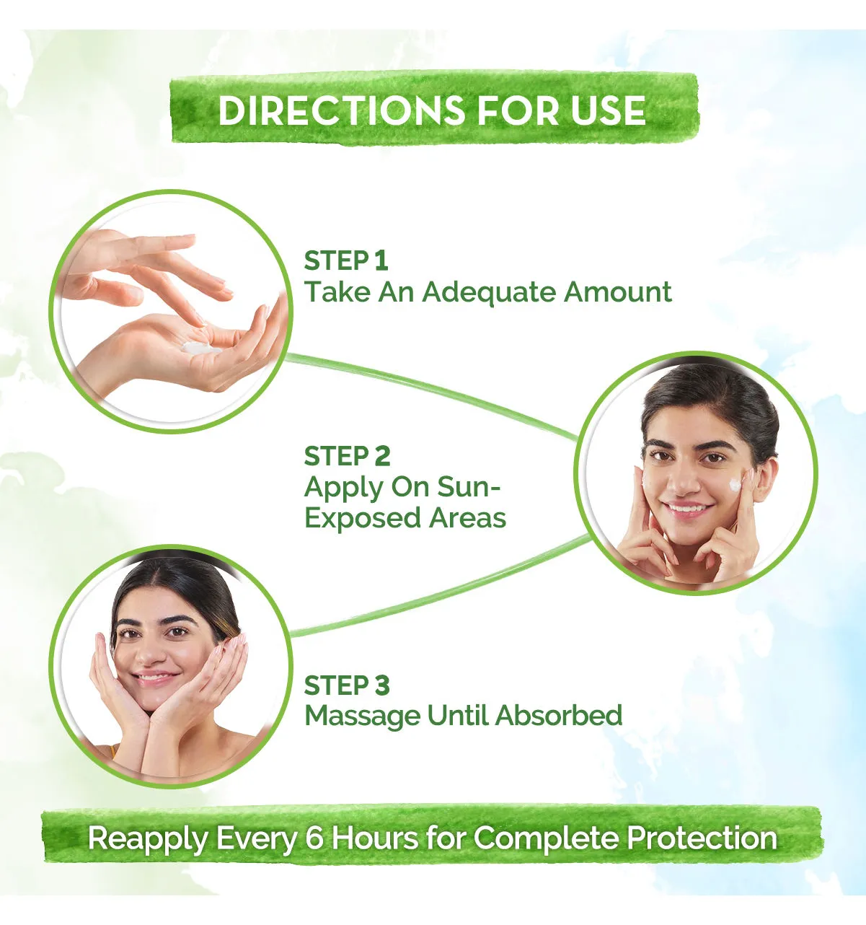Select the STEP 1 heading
pos(346,260)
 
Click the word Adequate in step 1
pos(489,293)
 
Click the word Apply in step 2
pos(344,488)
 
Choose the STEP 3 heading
pos(347,685)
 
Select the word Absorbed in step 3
pos(559,716)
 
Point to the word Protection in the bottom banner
pos(702,838)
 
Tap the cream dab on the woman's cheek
pos(734,485)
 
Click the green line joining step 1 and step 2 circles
pos(431,396)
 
